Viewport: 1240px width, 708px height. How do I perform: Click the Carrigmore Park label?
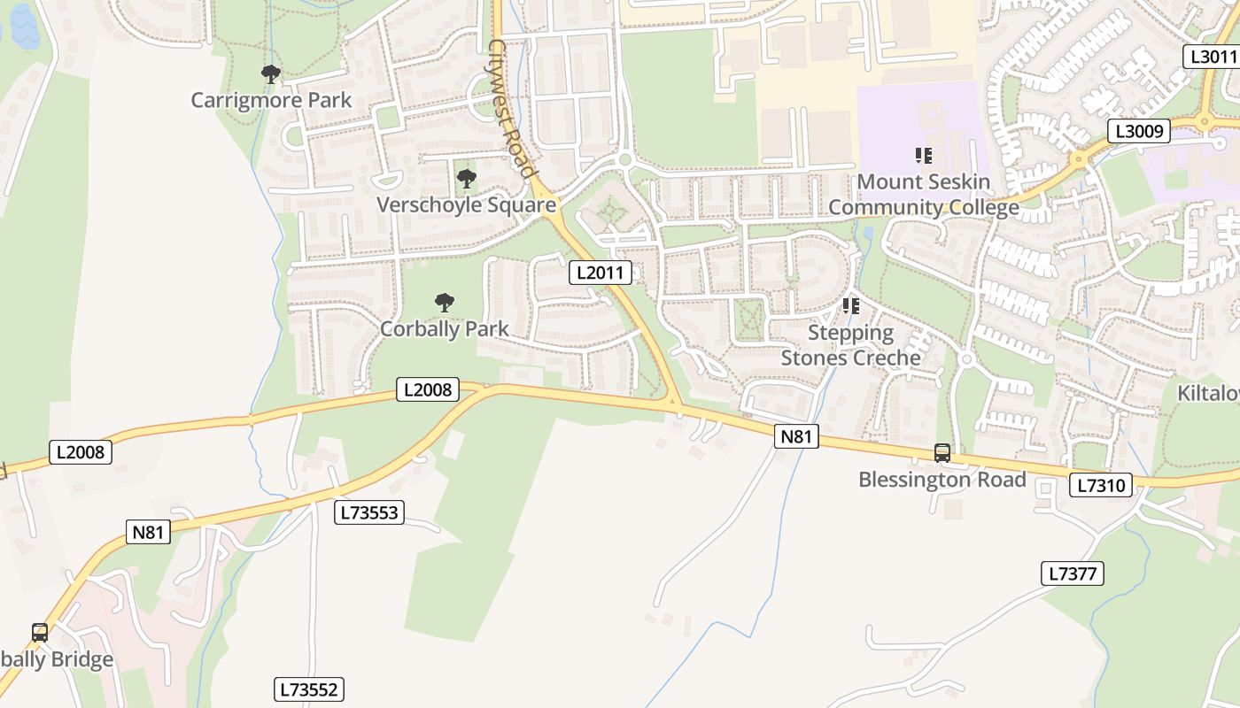(271, 100)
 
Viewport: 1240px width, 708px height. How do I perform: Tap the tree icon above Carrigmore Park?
(271, 74)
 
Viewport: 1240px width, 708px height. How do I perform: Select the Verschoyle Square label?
(467, 205)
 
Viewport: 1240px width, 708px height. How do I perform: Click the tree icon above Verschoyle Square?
(467, 179)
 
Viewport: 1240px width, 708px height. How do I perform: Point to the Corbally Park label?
(445, 328)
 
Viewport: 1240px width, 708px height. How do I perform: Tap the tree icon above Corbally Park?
(445, 303)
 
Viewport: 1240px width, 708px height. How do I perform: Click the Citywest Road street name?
(512, 109)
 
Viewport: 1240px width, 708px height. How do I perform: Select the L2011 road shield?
(600, 273)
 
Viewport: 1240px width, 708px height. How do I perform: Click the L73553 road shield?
(369, 512)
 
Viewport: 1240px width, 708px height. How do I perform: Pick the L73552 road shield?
(308, 689)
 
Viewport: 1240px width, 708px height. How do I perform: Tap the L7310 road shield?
(1100, 485)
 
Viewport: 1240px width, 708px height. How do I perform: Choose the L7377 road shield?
(1072, 573)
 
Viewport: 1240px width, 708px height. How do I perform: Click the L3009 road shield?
(1139, 132)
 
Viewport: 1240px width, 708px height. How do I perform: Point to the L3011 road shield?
(1211, 57)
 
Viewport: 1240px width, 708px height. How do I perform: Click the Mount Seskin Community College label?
(924, 195)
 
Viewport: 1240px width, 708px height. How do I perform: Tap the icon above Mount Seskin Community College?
(924, 156)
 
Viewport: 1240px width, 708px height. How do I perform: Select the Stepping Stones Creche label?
(851, 345)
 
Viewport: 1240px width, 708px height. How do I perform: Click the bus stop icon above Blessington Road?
(942, 453)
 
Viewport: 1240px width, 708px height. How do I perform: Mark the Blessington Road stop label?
(942, 480)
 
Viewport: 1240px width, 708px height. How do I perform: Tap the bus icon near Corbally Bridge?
(40, 632)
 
